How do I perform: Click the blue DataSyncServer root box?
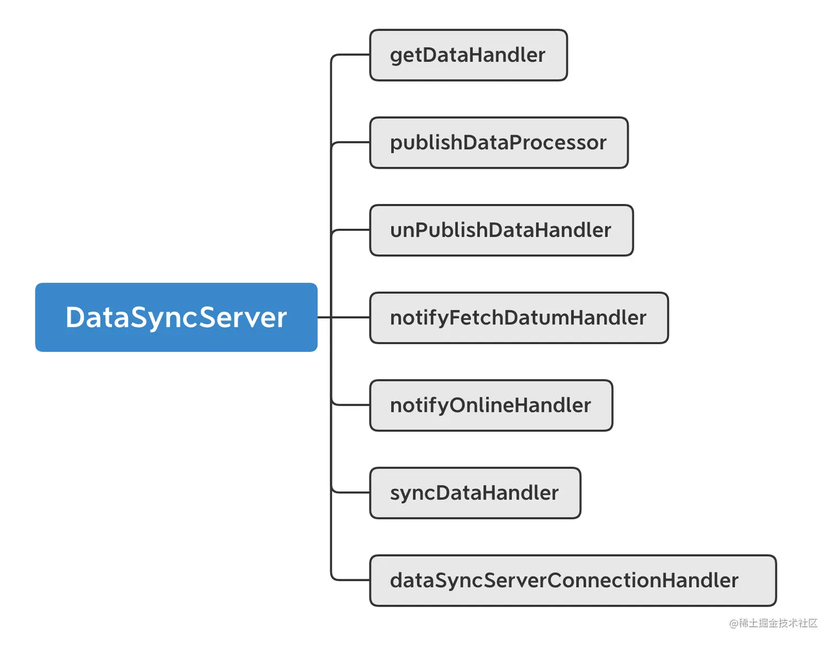[176, 318]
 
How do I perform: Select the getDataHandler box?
[468, 55]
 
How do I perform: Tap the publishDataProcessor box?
[499, 143]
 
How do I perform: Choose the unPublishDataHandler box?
[501, 230]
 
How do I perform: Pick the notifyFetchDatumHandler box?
[518, 318]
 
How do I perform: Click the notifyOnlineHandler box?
[491, 405]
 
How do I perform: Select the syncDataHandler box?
[474, 493]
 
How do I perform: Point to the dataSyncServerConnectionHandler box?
[573, 580]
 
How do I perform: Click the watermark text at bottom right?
[773, 623]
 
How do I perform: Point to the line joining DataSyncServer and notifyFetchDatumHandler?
[343, 318]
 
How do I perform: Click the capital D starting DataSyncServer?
[75, 318]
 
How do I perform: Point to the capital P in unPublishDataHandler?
[423, 230]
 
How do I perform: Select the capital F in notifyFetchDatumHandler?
[456, 318]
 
